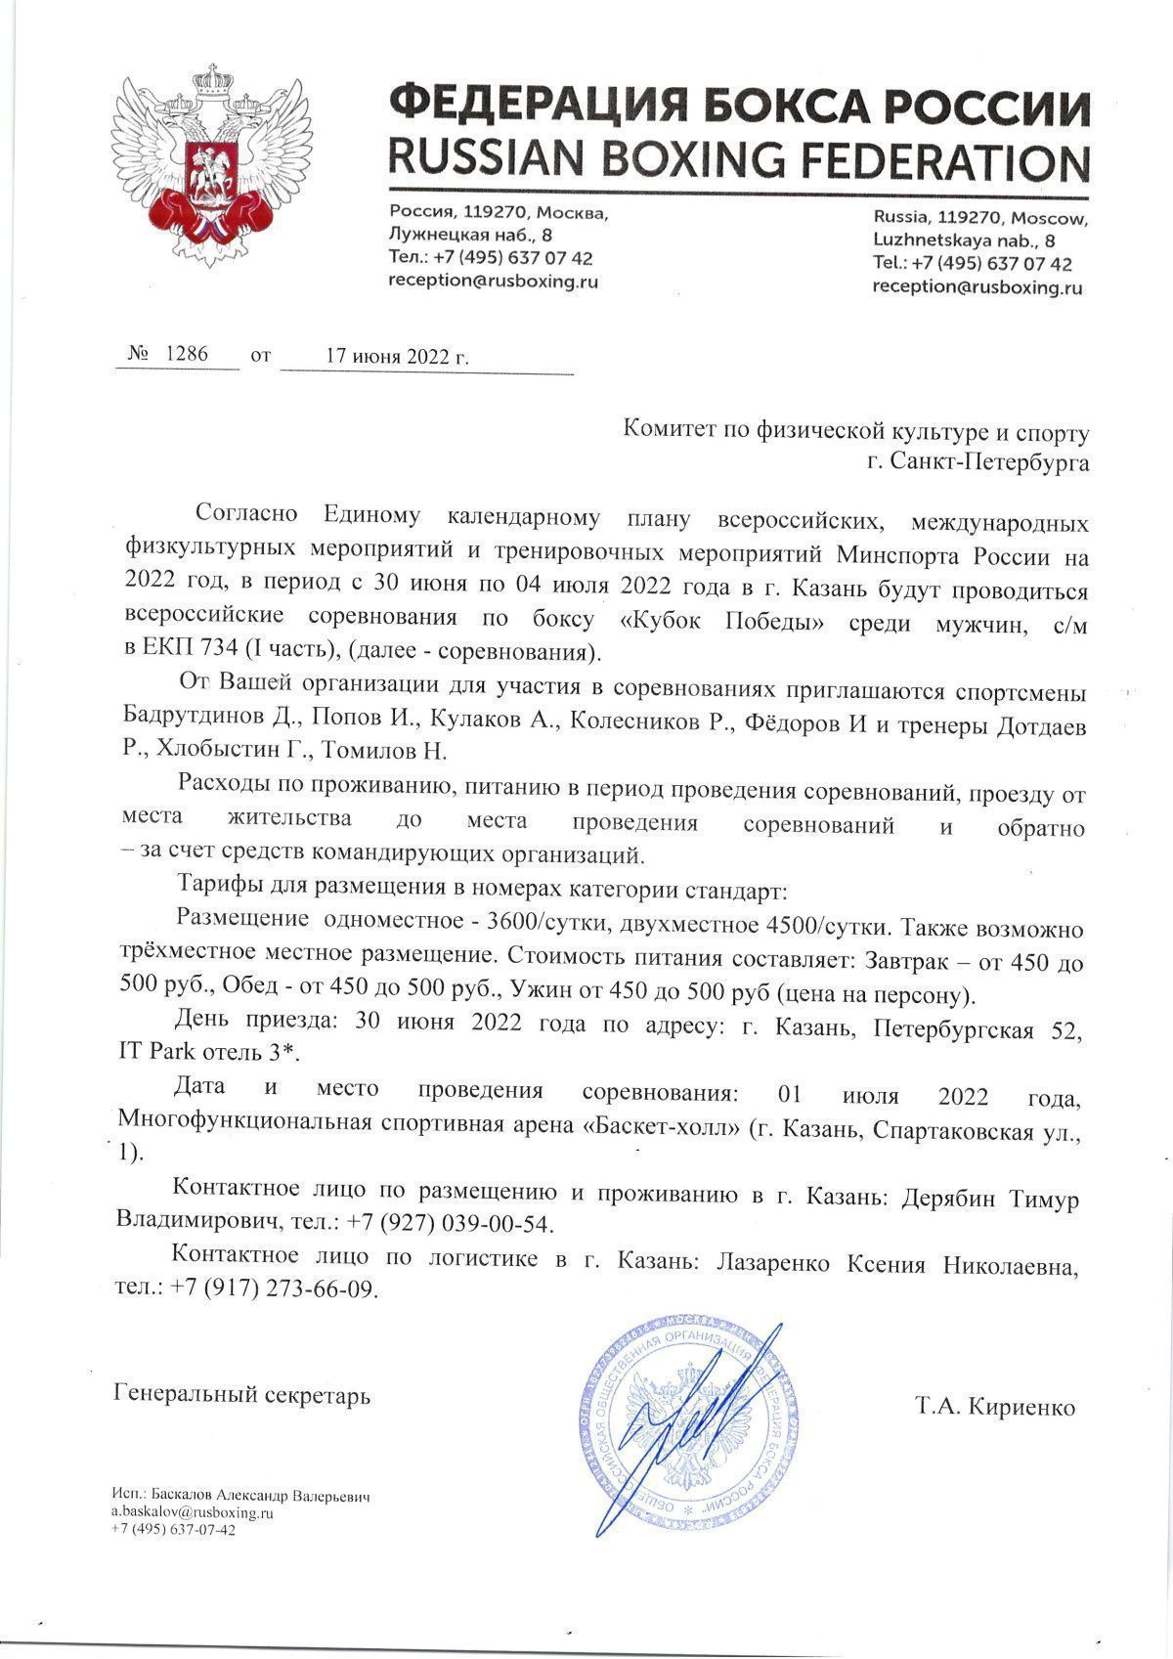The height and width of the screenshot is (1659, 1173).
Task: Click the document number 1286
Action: (187, 354)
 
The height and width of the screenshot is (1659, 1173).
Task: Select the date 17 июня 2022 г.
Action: (397, 356)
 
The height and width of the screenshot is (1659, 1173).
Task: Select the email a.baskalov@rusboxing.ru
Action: (192, 1512)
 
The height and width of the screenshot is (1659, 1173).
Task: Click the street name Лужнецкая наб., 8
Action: (470, 235)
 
